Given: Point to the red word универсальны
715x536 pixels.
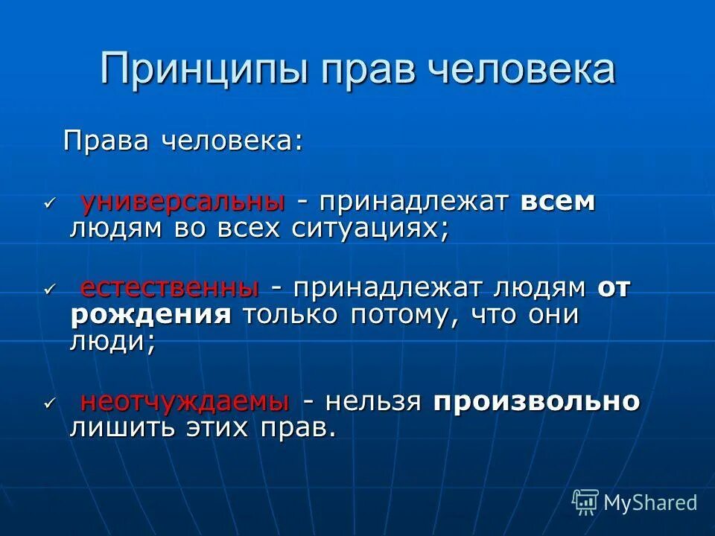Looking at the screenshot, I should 182,202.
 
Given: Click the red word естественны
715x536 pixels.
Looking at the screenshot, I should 170,288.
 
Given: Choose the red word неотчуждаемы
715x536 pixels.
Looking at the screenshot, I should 185,402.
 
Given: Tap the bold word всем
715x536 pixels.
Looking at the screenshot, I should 558,202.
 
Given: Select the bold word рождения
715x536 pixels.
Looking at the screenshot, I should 150,315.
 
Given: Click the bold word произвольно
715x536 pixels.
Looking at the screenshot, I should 536,402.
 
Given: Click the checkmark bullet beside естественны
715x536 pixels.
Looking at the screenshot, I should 50,289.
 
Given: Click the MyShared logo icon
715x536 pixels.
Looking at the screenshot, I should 585,502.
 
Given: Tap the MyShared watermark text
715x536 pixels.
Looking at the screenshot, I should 650,502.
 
